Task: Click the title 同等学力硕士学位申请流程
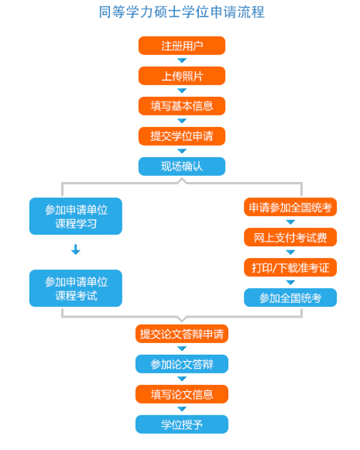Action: (x=182, y=12)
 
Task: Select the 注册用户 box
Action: (x=182, y=46)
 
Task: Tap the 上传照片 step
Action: (x=182, y=76)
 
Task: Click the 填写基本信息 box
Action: (x=182, y=106)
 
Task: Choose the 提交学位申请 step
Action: (x=182, y=136)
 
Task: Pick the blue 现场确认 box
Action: (x=182, y=167)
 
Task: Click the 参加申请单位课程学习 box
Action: (x=76, y=216)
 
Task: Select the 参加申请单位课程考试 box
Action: (x=76, y=288)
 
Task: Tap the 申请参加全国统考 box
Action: (x=290, y=207)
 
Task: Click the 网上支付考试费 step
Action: (x=290, y=237)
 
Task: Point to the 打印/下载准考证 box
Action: (x=290, y=267)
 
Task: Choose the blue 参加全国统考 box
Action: (x=290, y=297)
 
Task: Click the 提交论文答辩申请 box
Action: (x=182, y=334)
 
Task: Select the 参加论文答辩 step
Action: (x=182, y=364)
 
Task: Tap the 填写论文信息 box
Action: (x=182, y=394)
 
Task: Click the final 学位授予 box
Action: (x=182, y=424)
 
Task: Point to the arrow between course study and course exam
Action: (x=76, y=249)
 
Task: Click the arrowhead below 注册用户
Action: (x=182, y=60)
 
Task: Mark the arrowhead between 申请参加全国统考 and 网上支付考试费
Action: (x=290, y=222)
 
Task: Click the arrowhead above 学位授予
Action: (x=182, y=409)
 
